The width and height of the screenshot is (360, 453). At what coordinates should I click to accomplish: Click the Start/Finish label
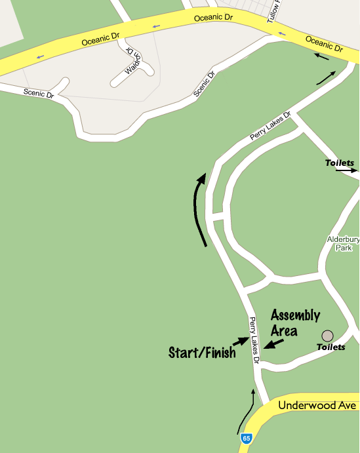click(x=201, y=353)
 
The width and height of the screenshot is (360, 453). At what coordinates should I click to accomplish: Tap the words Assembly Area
click(x=295, y=322)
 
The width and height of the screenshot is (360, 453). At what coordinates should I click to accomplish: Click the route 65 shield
click(x=246, y=438)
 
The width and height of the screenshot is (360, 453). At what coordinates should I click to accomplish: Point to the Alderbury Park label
click(x=344, y=244)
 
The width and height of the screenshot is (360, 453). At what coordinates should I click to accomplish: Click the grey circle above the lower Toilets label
click(x=327, y=335)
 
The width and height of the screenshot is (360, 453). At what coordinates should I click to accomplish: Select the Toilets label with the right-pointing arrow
click(x=340, y=163)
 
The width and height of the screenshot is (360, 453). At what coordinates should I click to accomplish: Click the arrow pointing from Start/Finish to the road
click(x=241, y=342)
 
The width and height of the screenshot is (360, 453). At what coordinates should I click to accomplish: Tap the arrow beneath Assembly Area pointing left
click(x=275, y=344)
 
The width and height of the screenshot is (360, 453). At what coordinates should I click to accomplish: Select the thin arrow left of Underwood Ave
click(x=246, y=411)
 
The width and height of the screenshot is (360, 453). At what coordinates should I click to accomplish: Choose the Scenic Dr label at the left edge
click(x=39, y=93)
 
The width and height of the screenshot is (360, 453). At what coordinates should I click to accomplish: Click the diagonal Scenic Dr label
click(x=205, y=85)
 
